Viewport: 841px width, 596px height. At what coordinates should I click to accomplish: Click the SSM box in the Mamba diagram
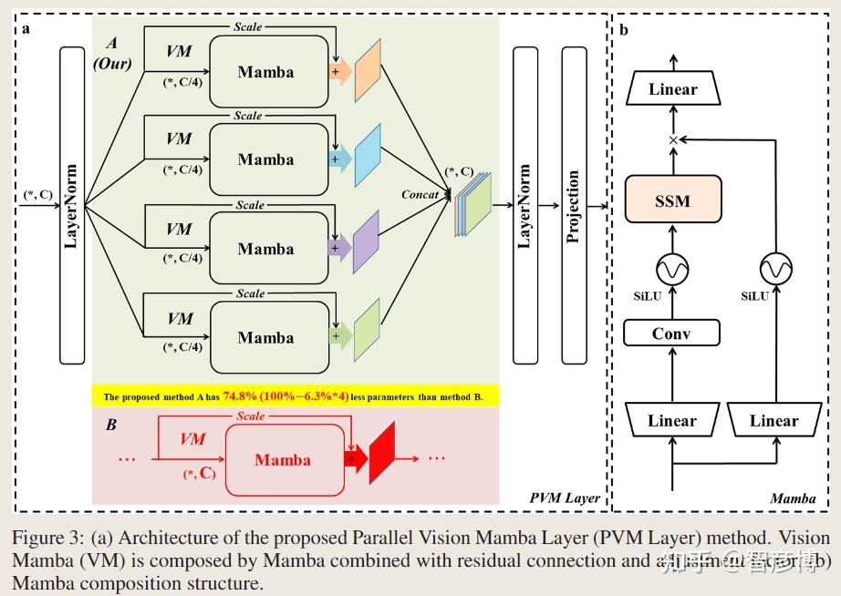coord(672,200)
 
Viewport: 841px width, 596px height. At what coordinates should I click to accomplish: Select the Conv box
coord(671,334)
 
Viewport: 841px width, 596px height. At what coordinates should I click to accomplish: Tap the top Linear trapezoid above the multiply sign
coord(672,89)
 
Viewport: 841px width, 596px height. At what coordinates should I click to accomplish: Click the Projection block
coord(574,206)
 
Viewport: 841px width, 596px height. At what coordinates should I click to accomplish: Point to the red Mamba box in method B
coord(283,460)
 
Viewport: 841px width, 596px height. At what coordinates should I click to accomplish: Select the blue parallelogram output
coord(367,158)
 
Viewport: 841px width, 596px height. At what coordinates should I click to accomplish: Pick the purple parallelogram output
coord(366,246)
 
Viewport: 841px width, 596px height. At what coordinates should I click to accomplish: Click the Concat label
coord(420,194)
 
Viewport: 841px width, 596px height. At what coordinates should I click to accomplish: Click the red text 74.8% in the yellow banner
coord(241,396)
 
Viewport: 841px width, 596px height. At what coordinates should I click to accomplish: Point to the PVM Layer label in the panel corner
coord(565,498)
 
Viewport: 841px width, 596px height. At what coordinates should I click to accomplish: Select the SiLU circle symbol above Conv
coord(672,269)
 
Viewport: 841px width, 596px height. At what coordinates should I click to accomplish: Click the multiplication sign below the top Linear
coord(673,139)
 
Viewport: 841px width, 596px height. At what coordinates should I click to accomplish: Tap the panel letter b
coord(624,30)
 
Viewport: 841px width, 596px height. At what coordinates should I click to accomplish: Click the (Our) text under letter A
coord(112,64)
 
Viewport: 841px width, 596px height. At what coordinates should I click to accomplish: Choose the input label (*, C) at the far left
coord(36,194)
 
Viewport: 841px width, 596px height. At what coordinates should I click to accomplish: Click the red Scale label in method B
coord(250,416)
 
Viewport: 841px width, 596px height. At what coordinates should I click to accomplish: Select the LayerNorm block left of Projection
coord(525,206)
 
